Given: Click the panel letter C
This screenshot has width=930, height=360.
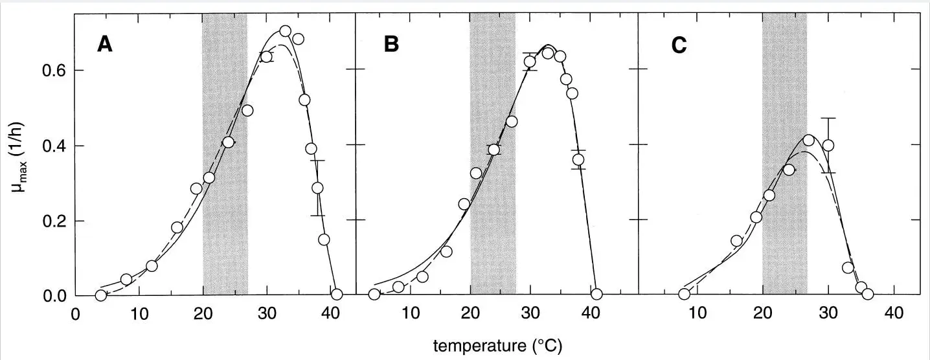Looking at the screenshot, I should [x=678, y=46].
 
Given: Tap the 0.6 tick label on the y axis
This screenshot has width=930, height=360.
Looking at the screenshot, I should [x=55, y=70].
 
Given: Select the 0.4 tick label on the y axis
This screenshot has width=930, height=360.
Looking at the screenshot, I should [x=55, y=146].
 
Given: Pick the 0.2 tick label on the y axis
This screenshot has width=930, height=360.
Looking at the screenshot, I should [x=55, y=221].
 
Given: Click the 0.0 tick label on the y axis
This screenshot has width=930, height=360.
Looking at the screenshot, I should [x=55, y=296].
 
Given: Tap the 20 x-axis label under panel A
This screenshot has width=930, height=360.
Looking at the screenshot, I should [x=203, y=312].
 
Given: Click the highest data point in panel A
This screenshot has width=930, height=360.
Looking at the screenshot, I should [x=285, y=31].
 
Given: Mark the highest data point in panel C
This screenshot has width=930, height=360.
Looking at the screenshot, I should [x=808, y=141].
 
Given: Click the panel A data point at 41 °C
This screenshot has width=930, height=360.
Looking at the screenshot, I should [x=336, y=294].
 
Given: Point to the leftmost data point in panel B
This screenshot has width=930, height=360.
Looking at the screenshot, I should [x=374, y=294].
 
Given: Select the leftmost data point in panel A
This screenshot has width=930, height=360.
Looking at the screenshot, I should [x=100, y=295].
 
